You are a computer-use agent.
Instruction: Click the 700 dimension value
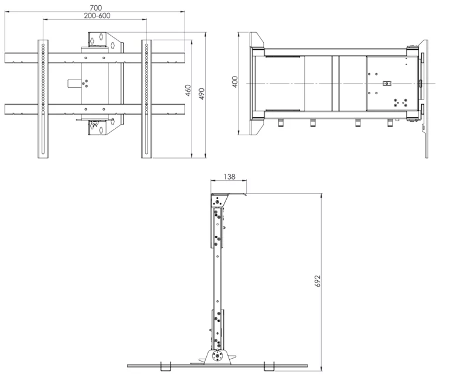click(96, 8)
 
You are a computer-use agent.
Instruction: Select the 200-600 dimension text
click(97, 15)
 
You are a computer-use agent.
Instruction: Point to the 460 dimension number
click(188, 90)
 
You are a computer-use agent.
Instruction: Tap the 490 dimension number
click(202, 94)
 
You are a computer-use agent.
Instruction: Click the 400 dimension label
click(235, 82)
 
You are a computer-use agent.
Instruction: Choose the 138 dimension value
click(229, 177)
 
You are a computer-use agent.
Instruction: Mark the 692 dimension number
click(317, 281)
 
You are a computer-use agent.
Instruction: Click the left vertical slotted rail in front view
click(43, 99)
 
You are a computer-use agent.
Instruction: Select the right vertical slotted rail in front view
click(146, 99)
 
